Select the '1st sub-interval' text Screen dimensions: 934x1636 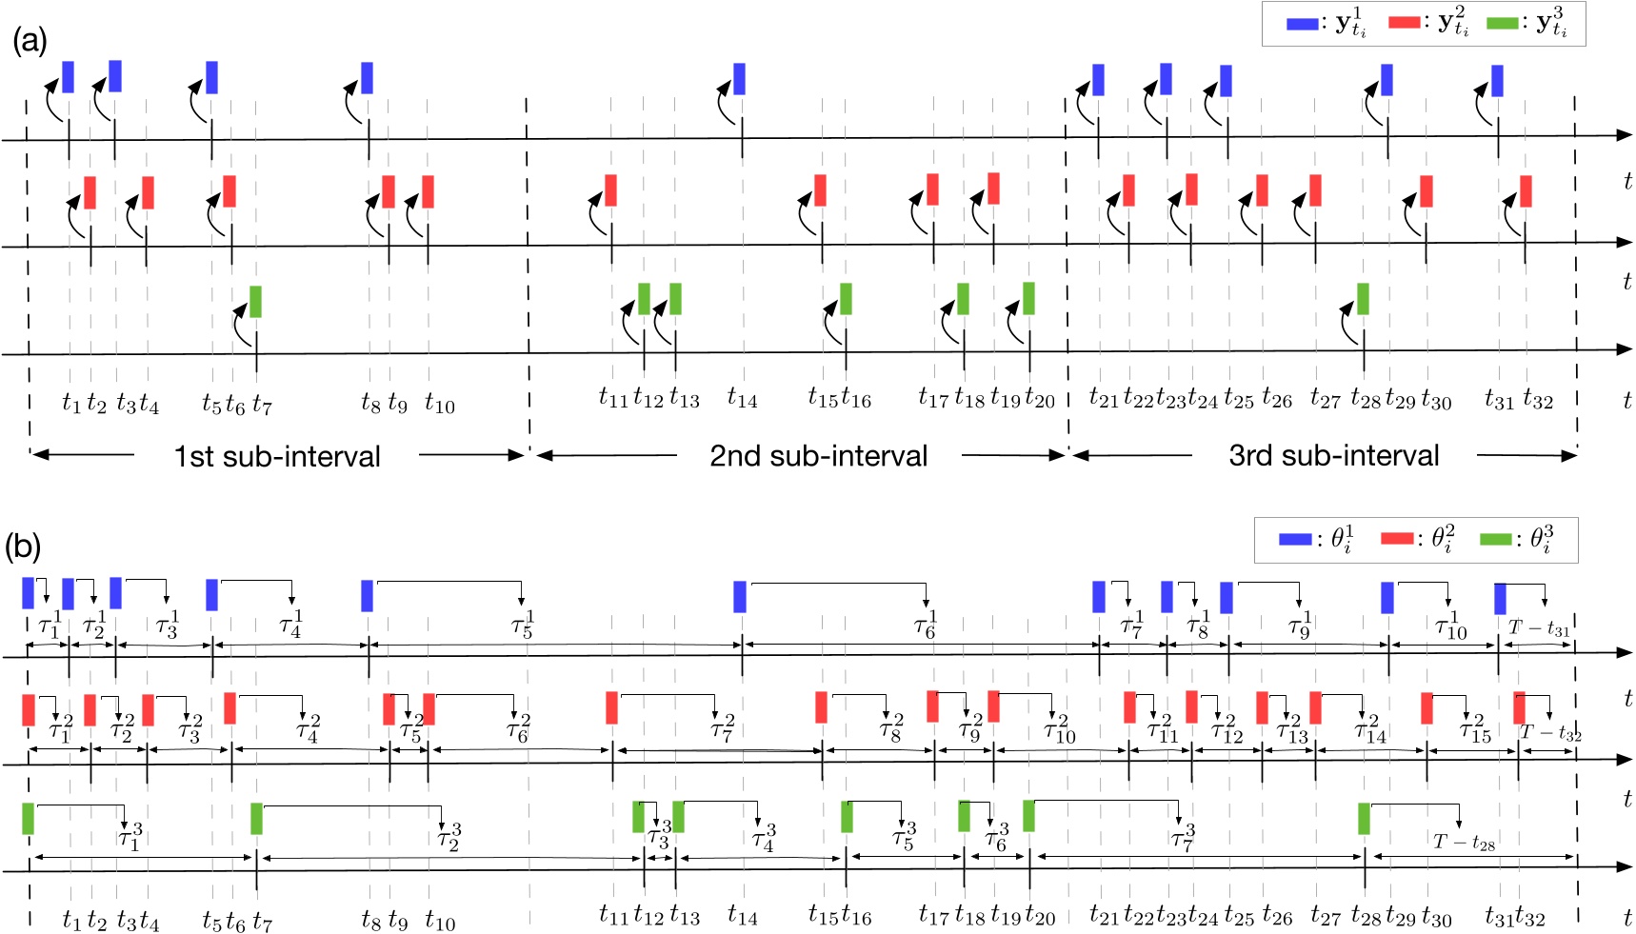pos(276,456)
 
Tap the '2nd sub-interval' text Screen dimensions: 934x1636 pos(818,456)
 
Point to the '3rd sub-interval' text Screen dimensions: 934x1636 pos(1333,456)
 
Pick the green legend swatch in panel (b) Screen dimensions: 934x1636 pos(1495,539)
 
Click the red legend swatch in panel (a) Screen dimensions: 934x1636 pos(1404,22)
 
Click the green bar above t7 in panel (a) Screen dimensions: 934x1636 pos(255,301)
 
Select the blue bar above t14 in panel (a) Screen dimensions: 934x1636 pos(739,78)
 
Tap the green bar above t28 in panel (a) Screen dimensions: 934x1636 pos(1363,298)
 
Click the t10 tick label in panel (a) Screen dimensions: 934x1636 pos(440,404)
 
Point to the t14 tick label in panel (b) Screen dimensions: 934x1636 pos(742,916)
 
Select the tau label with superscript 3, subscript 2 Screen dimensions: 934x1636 pos(449,837)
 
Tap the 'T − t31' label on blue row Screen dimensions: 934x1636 pos(1539,627)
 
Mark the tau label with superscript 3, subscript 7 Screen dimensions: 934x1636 pos(1183,837)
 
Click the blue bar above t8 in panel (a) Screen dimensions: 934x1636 pos(367,78)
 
